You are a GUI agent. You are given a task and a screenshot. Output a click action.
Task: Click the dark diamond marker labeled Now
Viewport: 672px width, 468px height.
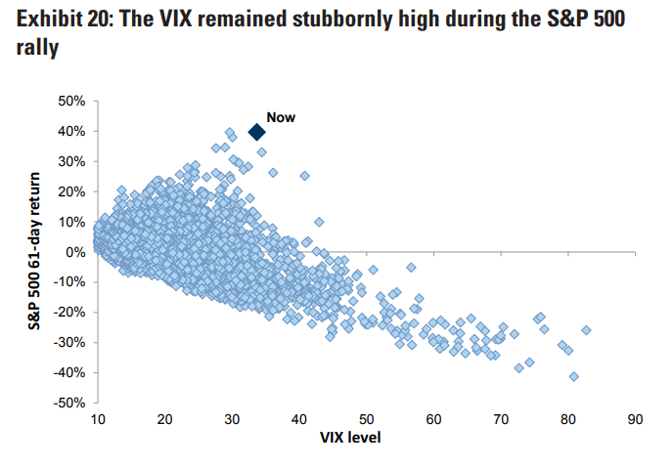pos(256,132)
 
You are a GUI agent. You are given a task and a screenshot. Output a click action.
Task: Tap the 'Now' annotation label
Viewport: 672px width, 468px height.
pos(281,117)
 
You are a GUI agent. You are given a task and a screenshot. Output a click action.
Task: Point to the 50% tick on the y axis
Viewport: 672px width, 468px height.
pos(71,101)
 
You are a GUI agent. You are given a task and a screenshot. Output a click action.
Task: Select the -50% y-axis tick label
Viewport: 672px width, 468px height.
pos(69,403)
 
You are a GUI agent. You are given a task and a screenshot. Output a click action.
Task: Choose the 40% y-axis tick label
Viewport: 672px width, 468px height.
pos(71,131)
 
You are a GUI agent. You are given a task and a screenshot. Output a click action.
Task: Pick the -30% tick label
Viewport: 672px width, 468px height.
pos(69,342)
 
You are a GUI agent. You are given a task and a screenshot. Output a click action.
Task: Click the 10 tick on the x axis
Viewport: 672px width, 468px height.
pos(98,420)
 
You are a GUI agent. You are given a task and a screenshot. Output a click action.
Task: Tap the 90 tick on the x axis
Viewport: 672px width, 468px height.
pos(635,420)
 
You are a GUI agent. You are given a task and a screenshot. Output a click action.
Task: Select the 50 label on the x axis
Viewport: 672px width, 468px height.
pos(366,420)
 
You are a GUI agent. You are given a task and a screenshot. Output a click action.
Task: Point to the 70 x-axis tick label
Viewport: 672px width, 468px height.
pos(501,420)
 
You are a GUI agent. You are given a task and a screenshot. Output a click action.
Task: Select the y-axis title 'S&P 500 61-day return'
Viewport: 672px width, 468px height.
pos(37,252)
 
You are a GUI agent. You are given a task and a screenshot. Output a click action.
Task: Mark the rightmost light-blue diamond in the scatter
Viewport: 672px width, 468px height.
pos(586,330)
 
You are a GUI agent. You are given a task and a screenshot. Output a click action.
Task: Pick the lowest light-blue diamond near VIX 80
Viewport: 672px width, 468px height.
pos(574,376)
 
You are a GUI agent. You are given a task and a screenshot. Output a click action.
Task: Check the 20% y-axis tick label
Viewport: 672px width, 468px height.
pos(71,191)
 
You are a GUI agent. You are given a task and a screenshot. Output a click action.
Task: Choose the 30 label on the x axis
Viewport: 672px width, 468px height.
pos(232,420)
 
